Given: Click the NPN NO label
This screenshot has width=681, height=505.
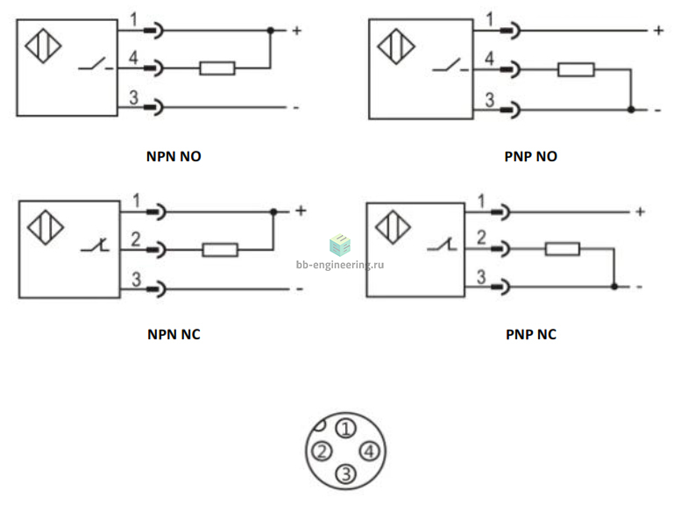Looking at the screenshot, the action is coord(174,156).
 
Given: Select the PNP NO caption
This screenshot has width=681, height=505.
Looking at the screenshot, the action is coord(531,156).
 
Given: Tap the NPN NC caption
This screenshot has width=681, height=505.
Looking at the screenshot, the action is coord(174,335).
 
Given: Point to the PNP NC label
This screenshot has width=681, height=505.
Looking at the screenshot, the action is coord(531,335).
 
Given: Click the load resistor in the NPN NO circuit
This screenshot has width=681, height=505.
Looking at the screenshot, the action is coord(217,68).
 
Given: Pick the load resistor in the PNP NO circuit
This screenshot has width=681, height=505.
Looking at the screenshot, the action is coord(576,69).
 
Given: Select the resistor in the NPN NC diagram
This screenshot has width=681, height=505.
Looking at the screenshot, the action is coord(220,250).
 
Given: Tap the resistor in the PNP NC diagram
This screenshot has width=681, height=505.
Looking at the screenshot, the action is coord(563,249).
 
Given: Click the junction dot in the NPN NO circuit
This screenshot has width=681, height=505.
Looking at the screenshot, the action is coord(271,31).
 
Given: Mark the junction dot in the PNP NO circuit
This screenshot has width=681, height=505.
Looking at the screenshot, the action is coord(631,110).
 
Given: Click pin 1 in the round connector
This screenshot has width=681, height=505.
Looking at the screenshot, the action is coord(345,429).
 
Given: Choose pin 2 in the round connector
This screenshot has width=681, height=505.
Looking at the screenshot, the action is coord(322,452).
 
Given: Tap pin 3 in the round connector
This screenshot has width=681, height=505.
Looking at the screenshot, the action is coord(346,473).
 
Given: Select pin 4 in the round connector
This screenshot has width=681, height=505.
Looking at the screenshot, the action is coord(369,452).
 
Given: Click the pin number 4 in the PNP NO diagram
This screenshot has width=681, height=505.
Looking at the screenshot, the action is coord(489,58).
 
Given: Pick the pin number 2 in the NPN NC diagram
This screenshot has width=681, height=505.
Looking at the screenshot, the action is coord(136,239).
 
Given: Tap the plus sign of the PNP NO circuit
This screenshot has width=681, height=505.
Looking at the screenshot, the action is coord(659,31).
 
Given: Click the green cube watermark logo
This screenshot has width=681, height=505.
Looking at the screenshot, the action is coord(340,245).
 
